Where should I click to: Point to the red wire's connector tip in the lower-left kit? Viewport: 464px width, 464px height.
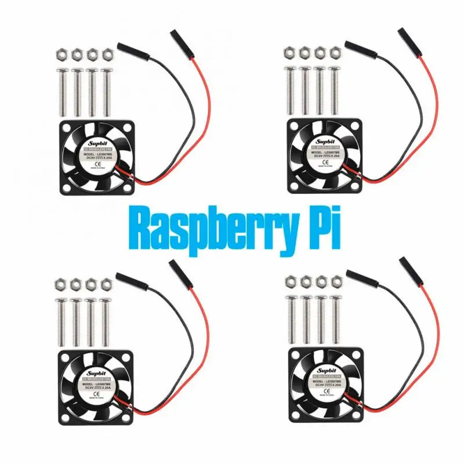173,267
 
